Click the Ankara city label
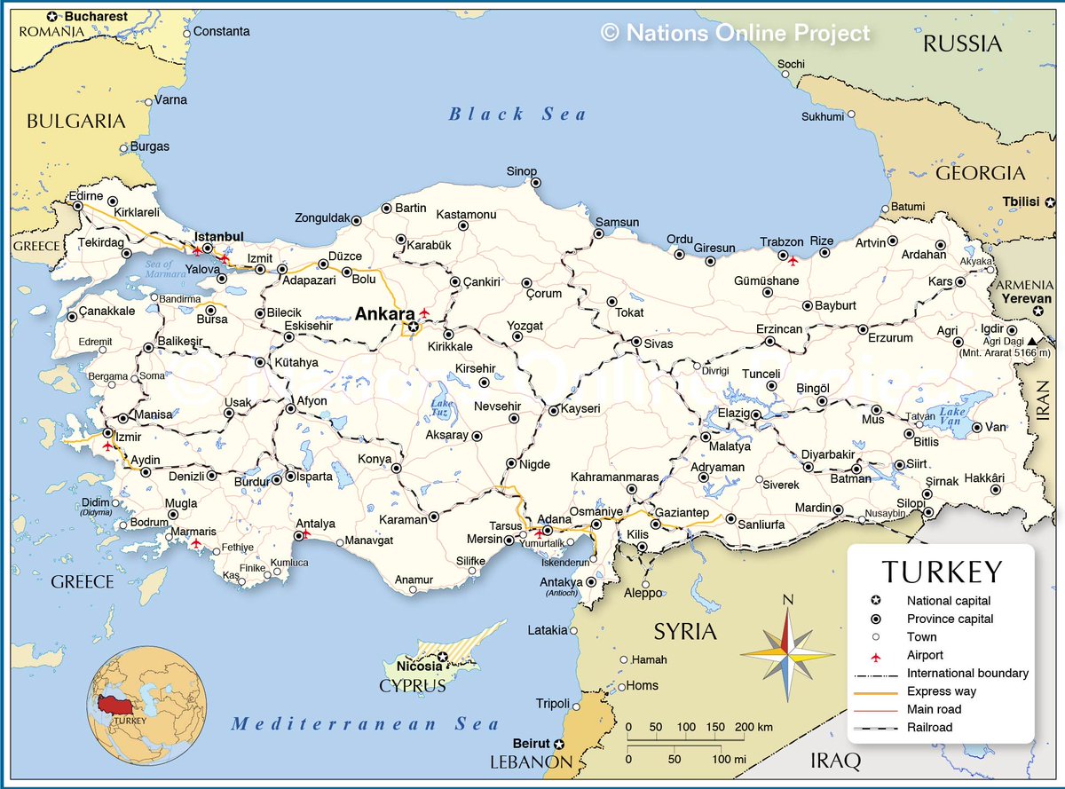tap(384, 313)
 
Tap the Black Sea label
tap(517, 114)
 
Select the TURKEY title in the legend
tap(942, 572)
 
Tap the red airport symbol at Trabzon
tap(793, 260)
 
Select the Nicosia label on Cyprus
tap(419, 666)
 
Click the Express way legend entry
tap(941, 691)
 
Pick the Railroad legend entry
tap(929, 728)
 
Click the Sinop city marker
tap(536, 183)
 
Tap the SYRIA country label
tap(684, 631)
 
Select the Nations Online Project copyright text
tap(736, 33)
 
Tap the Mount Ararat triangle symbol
tap(1030, 341)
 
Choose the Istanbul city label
tap(218, 236)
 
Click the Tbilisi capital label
tap(1021, 201)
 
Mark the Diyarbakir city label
tap(828, 454)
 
